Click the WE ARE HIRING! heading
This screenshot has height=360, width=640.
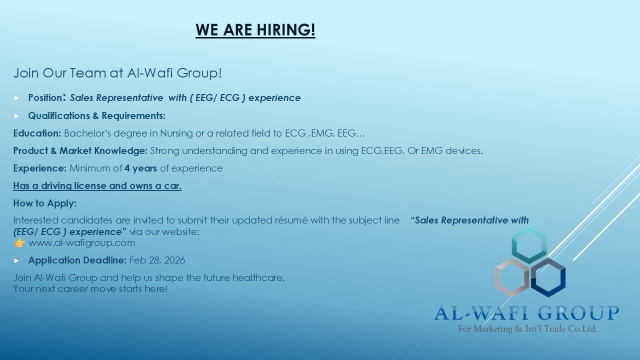255,30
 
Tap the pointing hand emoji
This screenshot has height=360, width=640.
19,243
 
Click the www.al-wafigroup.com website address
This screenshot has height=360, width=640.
82,243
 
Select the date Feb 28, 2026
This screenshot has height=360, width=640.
157,260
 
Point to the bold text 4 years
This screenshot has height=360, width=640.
140,168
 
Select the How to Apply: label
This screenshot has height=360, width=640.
45,203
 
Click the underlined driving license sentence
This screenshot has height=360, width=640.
97,185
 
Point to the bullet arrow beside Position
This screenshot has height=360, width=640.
16,98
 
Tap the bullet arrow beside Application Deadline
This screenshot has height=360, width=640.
16,260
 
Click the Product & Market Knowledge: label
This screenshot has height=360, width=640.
80,151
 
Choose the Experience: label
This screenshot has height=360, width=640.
39,168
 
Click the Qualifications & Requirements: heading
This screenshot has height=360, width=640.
97,115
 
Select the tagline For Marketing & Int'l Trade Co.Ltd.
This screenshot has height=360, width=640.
527,329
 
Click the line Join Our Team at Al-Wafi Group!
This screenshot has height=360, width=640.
117,73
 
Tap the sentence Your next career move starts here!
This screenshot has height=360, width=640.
90,289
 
